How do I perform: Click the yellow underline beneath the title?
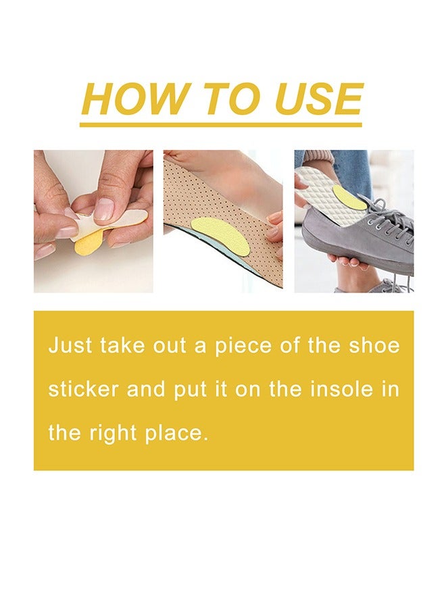(x=221, y=124)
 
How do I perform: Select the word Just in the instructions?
(x=69, y=346)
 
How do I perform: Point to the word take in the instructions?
(x=123, y=346)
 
